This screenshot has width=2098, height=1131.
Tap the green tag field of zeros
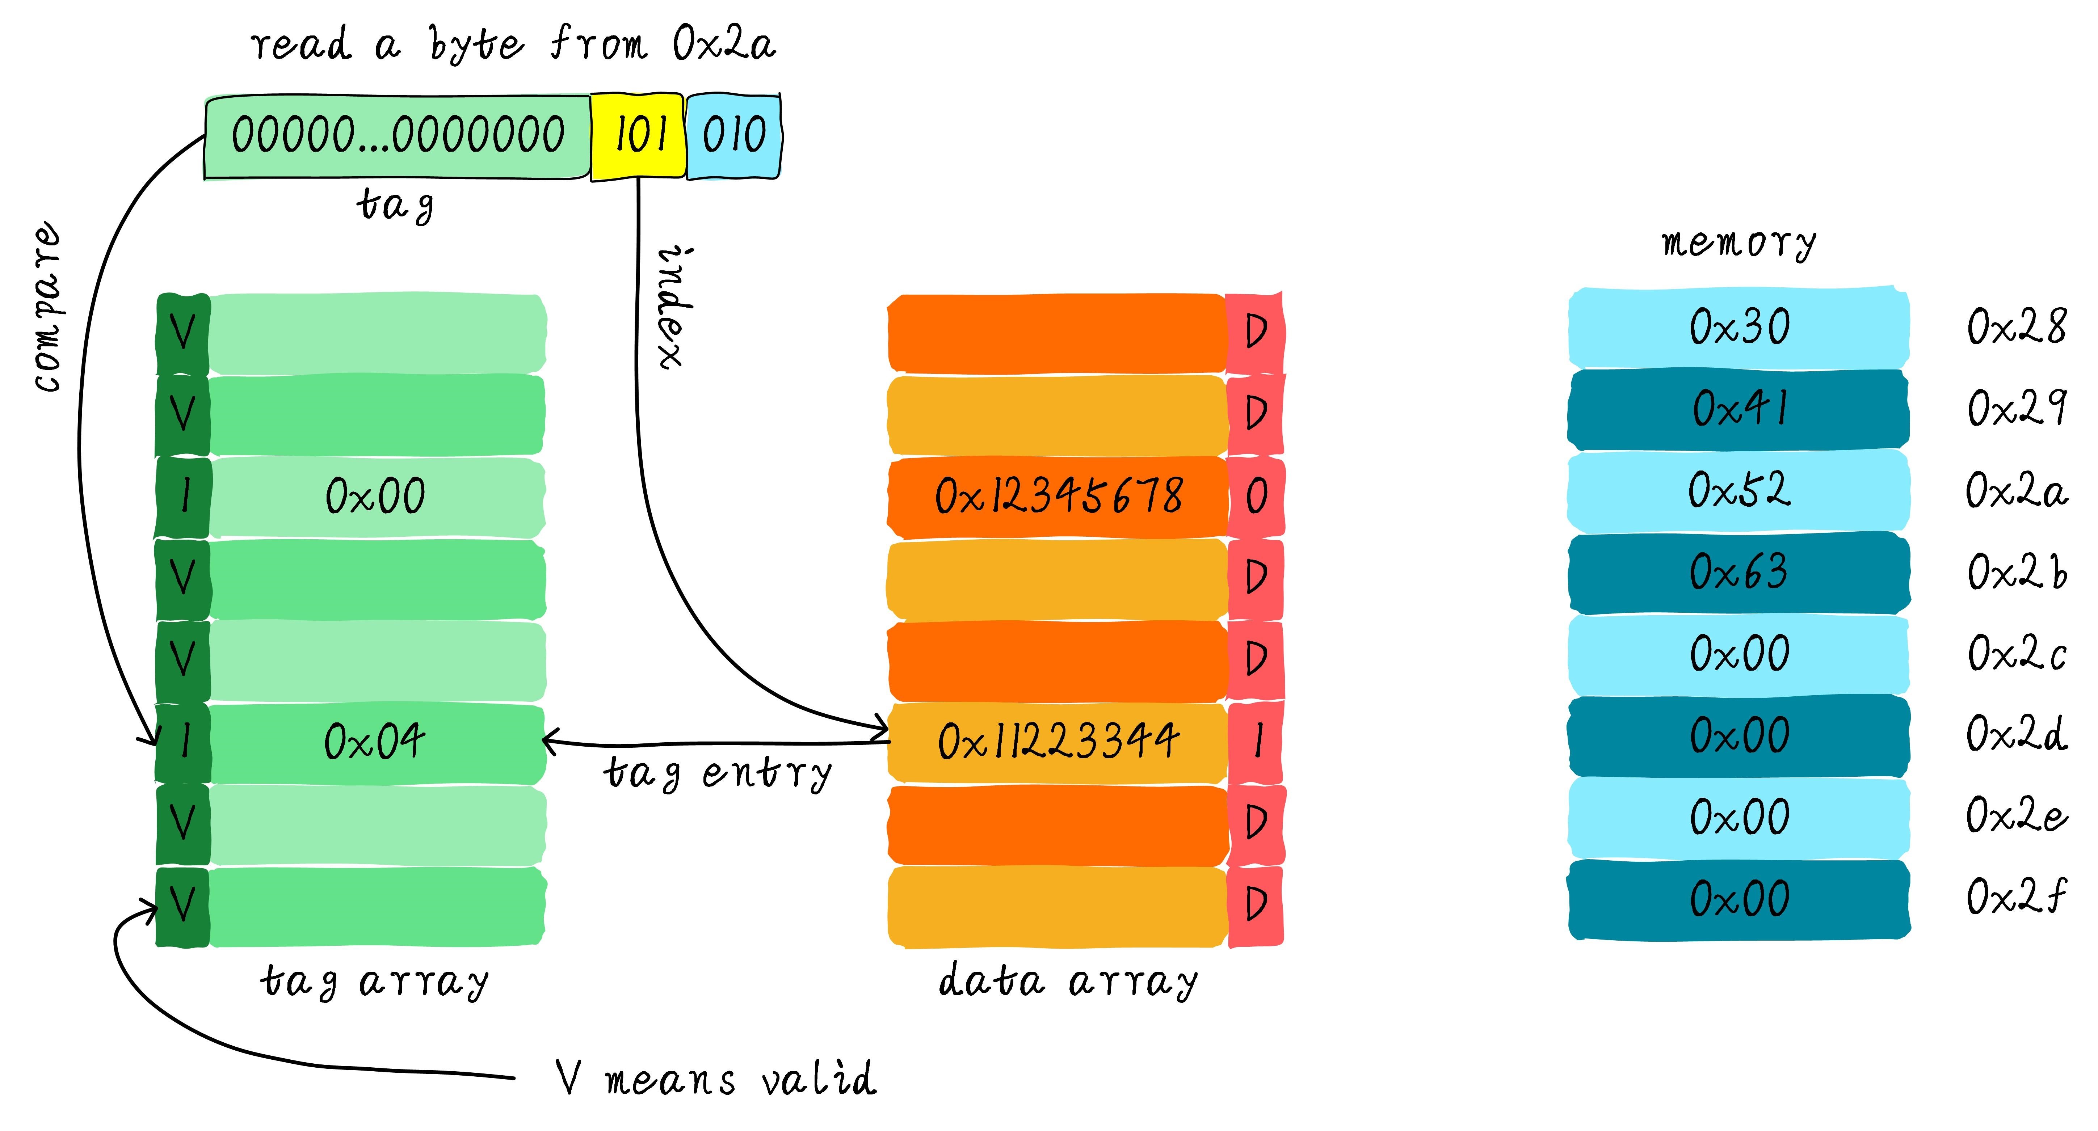398,135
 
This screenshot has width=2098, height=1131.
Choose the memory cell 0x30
1739,327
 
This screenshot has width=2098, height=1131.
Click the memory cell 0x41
1739,409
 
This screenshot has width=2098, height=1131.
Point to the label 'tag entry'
717,773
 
